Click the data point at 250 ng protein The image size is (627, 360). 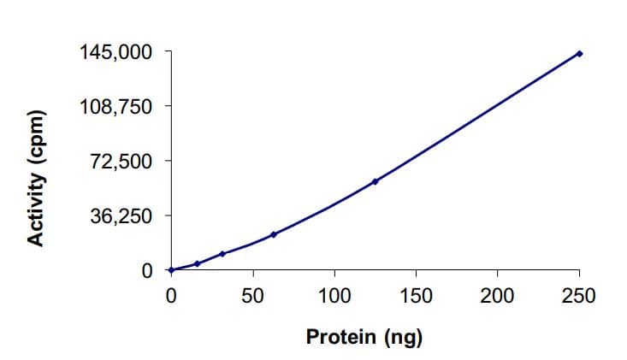click(x=579, y=54)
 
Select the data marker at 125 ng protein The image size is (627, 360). click(x=376, y=181)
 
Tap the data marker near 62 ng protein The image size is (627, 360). click(x=274, y=234)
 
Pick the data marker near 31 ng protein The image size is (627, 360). click(x=222, y=254)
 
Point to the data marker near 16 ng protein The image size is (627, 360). click(x=198, y=263)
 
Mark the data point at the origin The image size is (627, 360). click(x=171, y=270)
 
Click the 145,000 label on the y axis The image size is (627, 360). click(x=116, y=52)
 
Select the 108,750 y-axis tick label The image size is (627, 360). click(x=116, y=107)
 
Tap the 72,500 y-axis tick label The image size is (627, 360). click(x=121, y=161)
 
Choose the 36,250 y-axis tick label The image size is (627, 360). click(x=121, y=215)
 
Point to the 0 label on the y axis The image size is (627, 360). click(x=146, y=270)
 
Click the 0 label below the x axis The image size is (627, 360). click(x=171, y=296)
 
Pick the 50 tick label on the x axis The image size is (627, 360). click(x=252, y=296)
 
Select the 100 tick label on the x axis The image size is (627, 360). click(x=334, y=296)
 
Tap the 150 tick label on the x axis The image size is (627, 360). click(x=416, y=296)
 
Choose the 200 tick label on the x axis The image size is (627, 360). click(x=497, y=296)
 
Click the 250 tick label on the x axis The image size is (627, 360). click(x=579, y=296)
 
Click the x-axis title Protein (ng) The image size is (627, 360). click(x=364, y=337)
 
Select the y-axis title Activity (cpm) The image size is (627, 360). click(x=36, y=178)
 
